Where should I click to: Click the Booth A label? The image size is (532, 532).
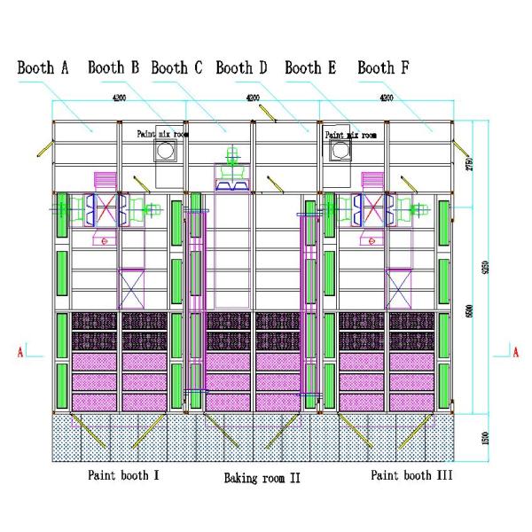point(43,67)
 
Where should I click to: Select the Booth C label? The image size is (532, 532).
point(176,67)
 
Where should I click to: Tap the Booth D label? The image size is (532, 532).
point(241,67)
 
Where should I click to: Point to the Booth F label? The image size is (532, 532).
point(383,67)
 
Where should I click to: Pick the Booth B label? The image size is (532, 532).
point(113,67)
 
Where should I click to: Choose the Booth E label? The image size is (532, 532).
point(310,67)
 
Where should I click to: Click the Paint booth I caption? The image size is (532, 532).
point(123,475)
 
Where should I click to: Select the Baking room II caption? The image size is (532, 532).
point(262,478)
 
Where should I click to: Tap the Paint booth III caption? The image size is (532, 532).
point(411,475)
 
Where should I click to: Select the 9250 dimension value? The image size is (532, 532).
point(484,266)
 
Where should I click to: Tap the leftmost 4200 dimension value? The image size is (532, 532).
point(121,98)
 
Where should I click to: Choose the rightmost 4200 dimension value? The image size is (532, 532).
point(387,98)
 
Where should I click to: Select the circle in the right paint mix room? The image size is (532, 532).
point(339,152)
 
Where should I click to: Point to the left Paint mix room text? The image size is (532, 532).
point(162,134)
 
